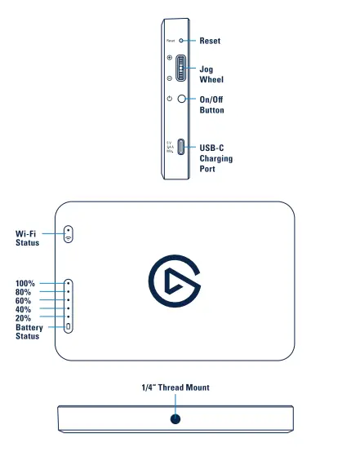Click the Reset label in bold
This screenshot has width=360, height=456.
click(210, 40)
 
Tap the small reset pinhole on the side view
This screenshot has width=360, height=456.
click(182, 40)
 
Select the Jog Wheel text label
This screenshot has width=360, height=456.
click(211, 75)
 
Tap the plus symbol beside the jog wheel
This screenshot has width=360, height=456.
click(169, 59)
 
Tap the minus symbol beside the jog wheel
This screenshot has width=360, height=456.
click(169, 78)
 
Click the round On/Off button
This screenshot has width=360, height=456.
click(183, 98)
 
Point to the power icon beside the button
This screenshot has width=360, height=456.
click(169, 98)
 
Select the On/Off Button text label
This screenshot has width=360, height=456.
click(211, 104)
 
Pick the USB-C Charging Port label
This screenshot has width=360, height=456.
click(216, 158)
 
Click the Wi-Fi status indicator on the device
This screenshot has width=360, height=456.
click(69, 233)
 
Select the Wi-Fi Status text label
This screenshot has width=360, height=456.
click(26, 237)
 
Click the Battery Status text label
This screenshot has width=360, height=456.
click(29, 331)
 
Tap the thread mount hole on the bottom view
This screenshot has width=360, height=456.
click(175, 418)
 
